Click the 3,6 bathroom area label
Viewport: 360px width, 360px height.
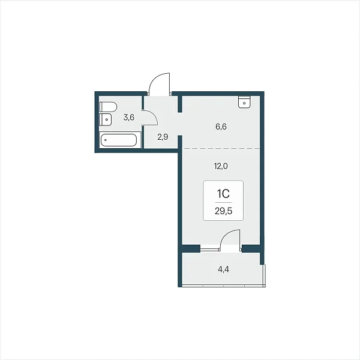click(x=129, y=118)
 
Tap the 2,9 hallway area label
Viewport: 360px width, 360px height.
click(x=163, y=137)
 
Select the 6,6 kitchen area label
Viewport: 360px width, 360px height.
click(x=221, y=127)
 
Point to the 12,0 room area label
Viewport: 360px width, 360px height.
click(x=221, y=166)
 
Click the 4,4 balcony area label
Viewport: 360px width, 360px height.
click(x=223, y=269)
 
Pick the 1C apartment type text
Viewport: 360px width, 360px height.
click(x=223, y=194)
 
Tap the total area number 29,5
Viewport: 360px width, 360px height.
click(x=223, y=211)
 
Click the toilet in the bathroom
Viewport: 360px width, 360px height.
click(x=108, y=107)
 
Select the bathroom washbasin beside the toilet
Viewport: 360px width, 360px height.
click(x=106, y=119)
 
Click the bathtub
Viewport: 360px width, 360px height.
click(x=119, y=140)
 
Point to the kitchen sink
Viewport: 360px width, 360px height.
click(x=244, y=102)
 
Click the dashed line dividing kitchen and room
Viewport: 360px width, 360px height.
click(x=221, y=149)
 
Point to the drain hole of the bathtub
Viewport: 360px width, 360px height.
click(x=106, y=140)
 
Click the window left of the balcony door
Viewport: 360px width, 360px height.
click(x=211, y=248)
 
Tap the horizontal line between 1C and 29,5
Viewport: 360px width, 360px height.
click(x=223, y=203)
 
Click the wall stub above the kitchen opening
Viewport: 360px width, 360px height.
click(x=180, y=104)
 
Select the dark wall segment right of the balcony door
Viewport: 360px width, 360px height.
click(x=251, y=248)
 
